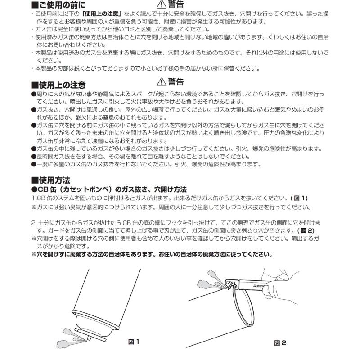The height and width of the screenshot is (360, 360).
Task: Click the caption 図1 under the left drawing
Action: click(134, 342)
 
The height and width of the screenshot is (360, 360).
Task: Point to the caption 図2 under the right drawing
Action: click(280, 343)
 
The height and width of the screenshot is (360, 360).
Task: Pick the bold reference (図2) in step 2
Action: click(306, 231)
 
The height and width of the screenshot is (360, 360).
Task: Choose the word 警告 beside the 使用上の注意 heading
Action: click(176, 81)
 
